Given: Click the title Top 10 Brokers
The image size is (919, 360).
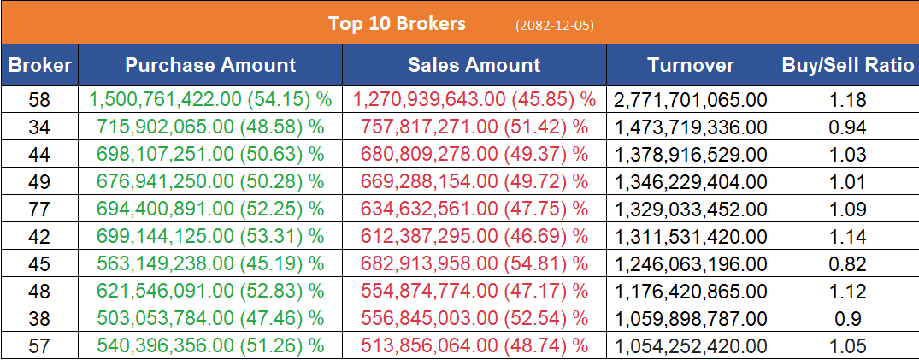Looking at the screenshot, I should click(397, 23).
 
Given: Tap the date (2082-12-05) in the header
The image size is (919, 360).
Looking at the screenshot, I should click(555, 25).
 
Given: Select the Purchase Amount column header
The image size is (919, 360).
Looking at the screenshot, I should click(210, 65).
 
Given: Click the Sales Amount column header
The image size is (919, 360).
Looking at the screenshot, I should click(474, 65).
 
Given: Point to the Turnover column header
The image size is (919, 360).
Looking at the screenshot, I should click(690, 65).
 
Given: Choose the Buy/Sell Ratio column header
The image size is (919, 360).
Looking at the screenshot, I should click(847, 65).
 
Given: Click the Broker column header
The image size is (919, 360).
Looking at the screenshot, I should click(39, 65).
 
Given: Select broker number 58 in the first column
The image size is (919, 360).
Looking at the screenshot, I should click(39, 100).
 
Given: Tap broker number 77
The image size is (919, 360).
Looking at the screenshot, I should click(39, 210).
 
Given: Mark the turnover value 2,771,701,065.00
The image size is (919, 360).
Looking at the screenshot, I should click(690, 100).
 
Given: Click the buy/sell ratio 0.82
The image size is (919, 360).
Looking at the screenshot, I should click(847, 264).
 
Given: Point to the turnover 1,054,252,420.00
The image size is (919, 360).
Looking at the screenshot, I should click(690, 346).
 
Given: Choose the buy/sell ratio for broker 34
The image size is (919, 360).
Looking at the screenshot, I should click(847, 127).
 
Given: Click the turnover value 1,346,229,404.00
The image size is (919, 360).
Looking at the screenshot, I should click(690, 182).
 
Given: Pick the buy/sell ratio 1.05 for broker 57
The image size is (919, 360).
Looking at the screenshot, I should click(847, 346).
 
